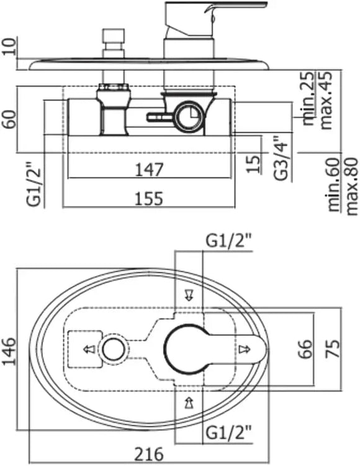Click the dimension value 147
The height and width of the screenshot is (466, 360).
(x=149, y=170)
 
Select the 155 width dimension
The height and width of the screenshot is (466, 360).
(x=149, y=198)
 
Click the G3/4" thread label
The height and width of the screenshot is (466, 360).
(x=282, y=158)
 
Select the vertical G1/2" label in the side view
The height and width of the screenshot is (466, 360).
(x=35, y=184)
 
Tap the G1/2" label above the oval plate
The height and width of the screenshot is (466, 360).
(x=229, y=242)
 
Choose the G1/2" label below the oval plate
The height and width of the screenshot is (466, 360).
(x=229, y=432)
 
